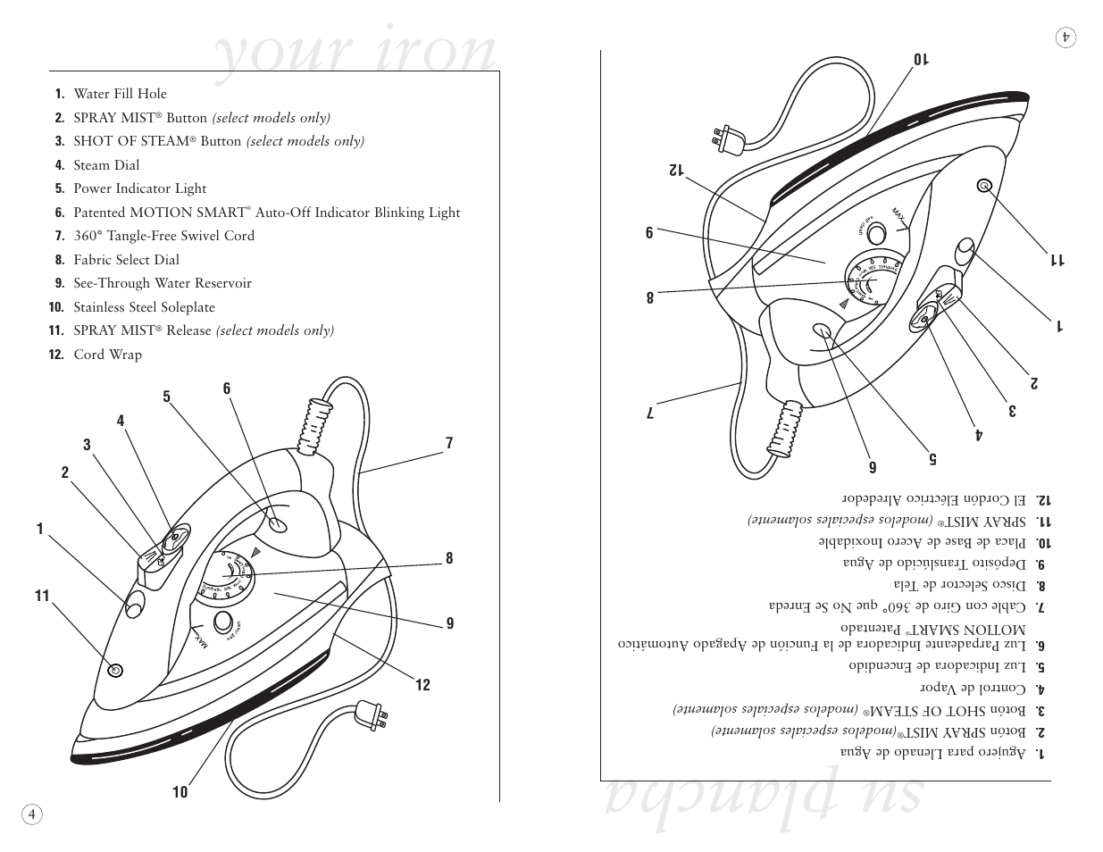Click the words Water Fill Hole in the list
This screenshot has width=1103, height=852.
[x=120, y=94]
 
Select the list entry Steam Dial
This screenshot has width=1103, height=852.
[x=106, y=165]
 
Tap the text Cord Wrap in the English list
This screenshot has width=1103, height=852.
[x=107, y=355]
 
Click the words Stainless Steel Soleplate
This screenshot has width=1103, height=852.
[x=144, y=307]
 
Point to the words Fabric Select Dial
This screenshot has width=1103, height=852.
[x=126, y=260]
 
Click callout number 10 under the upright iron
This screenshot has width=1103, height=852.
[x=180, y=792]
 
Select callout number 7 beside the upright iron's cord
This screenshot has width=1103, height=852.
[x=449, y=443]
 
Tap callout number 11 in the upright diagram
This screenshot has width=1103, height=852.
[x=42, y=596]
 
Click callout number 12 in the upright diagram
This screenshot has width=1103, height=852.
[x=422, y=685]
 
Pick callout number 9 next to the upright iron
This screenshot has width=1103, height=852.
[x=450, y=623]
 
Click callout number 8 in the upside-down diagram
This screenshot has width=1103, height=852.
[x=650, y=297]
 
